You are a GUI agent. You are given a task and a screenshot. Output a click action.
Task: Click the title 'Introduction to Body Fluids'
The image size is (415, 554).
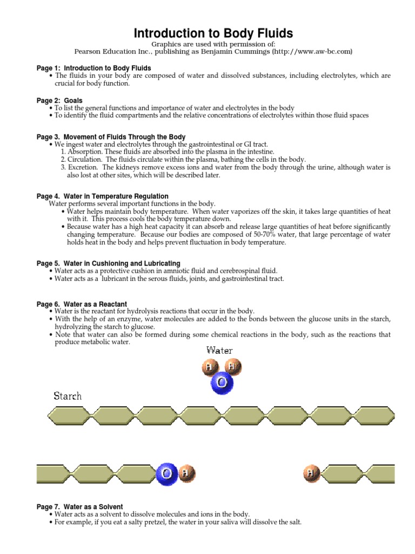[213, 33]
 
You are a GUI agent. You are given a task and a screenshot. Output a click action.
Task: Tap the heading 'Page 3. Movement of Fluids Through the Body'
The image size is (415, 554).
[111, 137]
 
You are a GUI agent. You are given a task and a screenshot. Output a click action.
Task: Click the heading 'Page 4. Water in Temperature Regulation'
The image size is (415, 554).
[102, 196]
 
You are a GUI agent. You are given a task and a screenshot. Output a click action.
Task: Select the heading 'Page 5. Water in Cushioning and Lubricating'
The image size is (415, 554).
[109, 263]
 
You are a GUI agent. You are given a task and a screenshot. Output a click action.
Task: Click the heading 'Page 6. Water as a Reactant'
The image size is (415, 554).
[82, 304]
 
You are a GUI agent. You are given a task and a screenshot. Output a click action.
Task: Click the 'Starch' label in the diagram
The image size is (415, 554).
[68, 396]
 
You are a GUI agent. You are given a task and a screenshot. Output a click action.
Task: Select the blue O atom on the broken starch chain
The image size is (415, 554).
[165, 474]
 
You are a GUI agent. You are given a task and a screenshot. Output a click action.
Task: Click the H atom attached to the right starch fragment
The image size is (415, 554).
[310, 474]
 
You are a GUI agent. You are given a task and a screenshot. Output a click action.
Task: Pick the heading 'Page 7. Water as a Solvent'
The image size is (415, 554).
[79, 506]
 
